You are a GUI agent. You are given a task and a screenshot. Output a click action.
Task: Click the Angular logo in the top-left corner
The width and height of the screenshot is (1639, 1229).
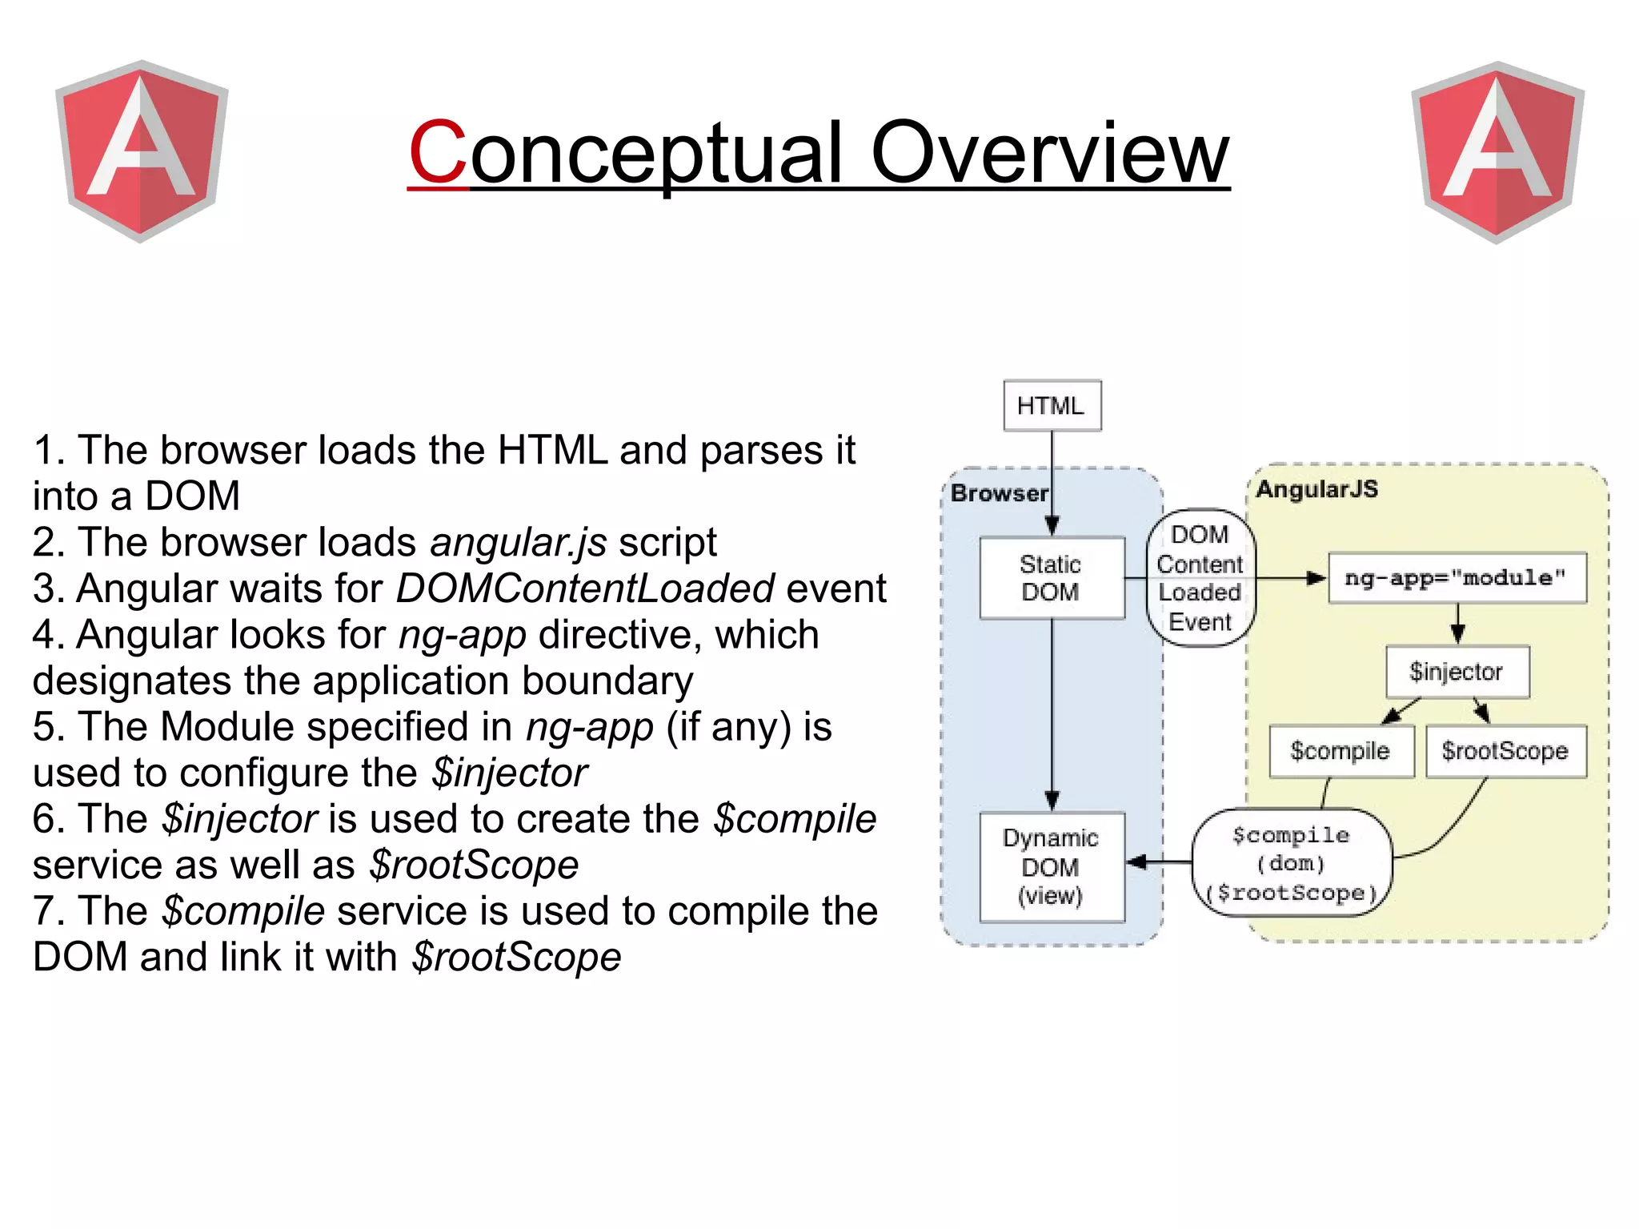(x=142, y=151)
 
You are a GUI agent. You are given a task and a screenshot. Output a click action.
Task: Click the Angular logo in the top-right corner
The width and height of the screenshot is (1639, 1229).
(x=1497, y=152)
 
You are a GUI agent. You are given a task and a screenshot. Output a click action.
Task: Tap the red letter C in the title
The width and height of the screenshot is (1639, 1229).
(x=437, y=152)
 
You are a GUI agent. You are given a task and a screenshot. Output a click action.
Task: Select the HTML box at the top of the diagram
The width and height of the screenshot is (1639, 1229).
(x=1052, y=406)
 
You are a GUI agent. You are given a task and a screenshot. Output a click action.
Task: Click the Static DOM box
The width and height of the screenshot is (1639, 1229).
(x=1052, y=578)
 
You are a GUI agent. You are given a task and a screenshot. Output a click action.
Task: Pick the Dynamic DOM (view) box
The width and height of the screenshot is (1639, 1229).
(x=1052, y=867)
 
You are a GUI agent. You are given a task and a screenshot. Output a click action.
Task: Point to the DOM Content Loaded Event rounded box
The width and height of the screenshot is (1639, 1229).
(x=1200, y=578)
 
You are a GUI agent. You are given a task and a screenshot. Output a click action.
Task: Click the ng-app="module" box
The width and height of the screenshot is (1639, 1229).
(x=1457, y=578)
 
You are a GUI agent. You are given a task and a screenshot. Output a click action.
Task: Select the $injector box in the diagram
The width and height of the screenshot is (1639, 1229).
(x=1457, y=672)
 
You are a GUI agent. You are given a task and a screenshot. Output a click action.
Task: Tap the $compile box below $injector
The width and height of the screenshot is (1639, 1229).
(x=1340, y=751)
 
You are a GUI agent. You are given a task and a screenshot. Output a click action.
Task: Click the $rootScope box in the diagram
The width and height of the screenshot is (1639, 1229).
(x=1505, y=751)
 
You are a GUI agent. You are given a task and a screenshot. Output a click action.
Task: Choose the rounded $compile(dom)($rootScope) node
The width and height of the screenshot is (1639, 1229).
(x=1292, y=863)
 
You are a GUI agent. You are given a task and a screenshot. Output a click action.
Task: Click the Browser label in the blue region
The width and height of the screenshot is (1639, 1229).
(x=999, y=493)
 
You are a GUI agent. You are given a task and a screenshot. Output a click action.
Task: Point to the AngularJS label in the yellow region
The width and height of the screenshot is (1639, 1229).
(x=1316, y=489)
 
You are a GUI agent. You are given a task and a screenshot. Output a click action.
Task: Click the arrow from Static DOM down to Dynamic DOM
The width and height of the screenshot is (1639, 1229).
(x=1052, y=713)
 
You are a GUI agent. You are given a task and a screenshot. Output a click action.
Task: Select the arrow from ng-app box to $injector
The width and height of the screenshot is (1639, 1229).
(x=1457, y=624)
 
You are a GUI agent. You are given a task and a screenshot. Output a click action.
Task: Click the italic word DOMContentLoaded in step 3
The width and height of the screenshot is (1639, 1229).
(x=585, y=588)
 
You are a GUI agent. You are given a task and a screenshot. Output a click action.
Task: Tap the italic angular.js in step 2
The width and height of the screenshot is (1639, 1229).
(x=518, y=543)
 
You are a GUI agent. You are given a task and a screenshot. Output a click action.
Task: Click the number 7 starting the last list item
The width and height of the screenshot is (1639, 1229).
(x=45, y=912)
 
